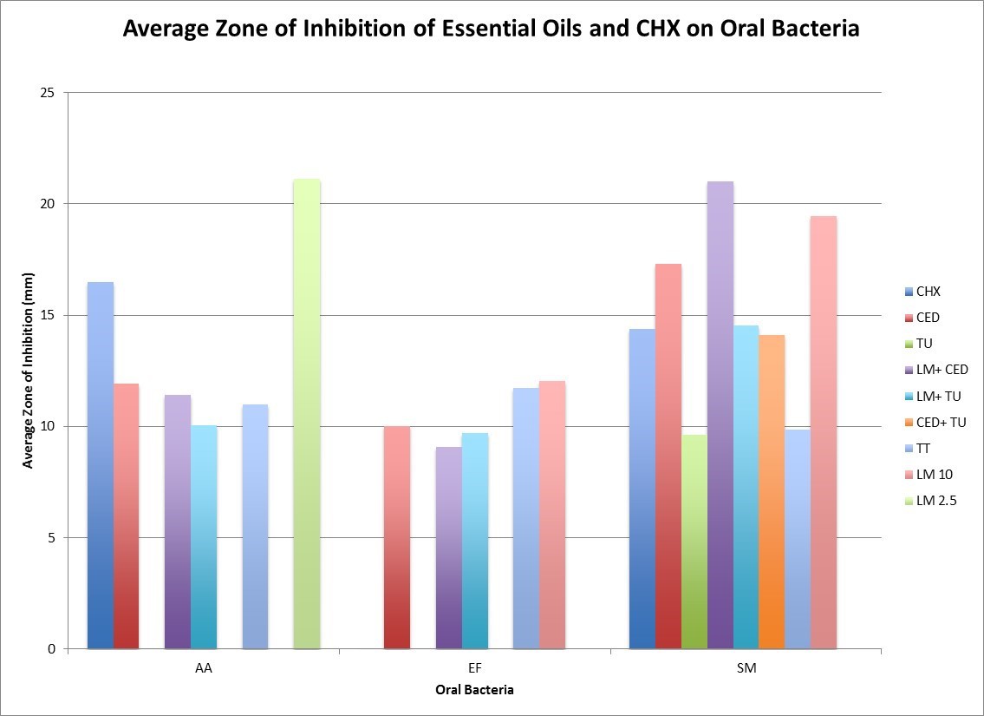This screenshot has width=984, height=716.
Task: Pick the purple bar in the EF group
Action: click(449, 548)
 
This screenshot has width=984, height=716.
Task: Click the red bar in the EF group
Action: click(397, 537)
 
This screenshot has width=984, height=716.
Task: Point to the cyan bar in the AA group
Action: click(204, 537)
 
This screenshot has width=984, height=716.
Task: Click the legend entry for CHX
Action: click(928, 292)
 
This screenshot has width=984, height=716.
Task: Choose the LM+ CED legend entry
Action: click(942, 370)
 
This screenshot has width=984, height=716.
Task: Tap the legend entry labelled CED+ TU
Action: click(940, 423)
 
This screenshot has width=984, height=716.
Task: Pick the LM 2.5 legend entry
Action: click(935, 501)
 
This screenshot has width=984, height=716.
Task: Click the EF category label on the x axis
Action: click(474, 669)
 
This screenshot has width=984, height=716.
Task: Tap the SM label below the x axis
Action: click(746, 669)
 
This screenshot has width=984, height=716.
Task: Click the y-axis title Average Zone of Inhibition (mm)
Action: click(28, 371)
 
